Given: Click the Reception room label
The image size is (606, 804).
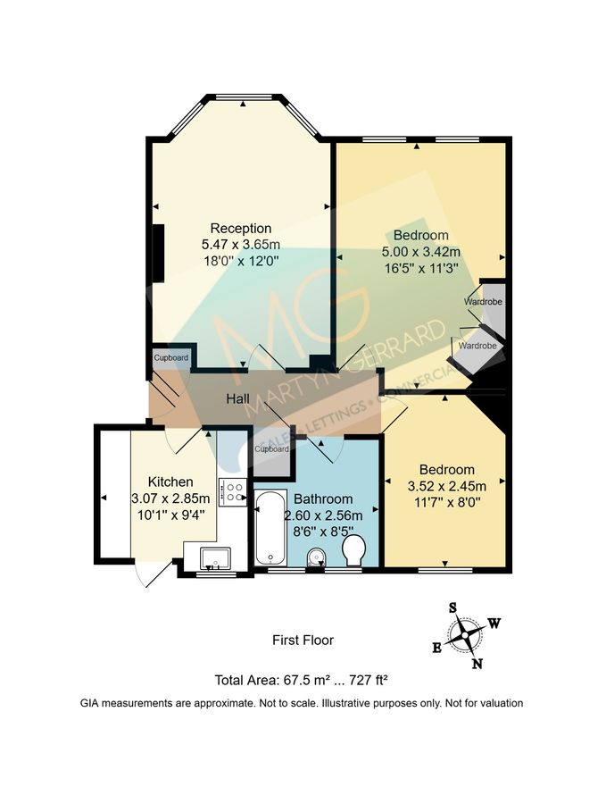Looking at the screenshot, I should pos(240,228).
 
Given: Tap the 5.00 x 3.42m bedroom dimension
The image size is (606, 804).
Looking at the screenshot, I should pos(421,251).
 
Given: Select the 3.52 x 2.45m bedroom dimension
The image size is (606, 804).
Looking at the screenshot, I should pos(446,486).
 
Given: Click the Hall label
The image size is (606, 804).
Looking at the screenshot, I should pos(237,398).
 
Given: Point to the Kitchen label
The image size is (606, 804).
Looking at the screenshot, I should pos(170,482).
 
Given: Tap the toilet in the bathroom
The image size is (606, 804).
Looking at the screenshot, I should pos(353,549).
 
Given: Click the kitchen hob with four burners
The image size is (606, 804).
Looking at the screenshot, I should pos(233,492).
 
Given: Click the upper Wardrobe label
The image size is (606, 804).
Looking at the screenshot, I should pos(482,302).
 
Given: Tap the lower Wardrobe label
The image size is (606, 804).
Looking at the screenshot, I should pos(477,345).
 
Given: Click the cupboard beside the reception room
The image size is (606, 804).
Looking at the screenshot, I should pos(170,358).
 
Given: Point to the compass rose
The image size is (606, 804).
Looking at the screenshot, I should pos(465,636).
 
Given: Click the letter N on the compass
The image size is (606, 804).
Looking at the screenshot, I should pos(478,663).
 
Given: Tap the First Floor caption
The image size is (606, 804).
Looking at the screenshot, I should pos(303,640).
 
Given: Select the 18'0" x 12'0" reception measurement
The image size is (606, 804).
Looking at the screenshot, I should pos(240,261).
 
